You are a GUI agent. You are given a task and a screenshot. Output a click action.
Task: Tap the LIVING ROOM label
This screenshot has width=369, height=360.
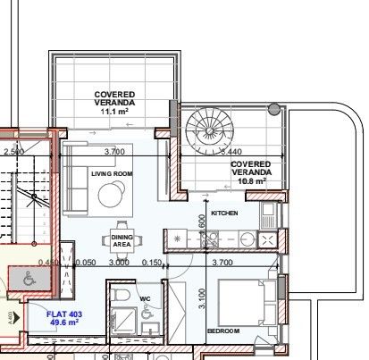click(111, 174)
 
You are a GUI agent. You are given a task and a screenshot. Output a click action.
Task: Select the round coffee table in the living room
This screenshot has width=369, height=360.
click(113, 194)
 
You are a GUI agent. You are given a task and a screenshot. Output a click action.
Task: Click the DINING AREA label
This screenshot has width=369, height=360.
click(121, 239)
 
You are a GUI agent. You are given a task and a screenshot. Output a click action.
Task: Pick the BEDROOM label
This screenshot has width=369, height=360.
click(223, 331)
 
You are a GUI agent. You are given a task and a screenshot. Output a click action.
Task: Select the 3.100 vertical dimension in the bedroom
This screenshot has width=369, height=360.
click(203, 297)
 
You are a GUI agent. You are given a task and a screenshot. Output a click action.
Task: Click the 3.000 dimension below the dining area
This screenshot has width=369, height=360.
click(119, 264)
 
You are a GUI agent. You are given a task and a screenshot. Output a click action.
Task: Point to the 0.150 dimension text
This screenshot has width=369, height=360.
click(151, 264)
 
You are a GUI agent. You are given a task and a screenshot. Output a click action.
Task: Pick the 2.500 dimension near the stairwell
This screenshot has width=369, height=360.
click(13, 153)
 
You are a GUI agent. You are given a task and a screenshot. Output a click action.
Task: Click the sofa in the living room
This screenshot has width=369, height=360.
click(75, 180)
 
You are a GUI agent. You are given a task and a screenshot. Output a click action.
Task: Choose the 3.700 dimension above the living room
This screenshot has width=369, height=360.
click(114, 153)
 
